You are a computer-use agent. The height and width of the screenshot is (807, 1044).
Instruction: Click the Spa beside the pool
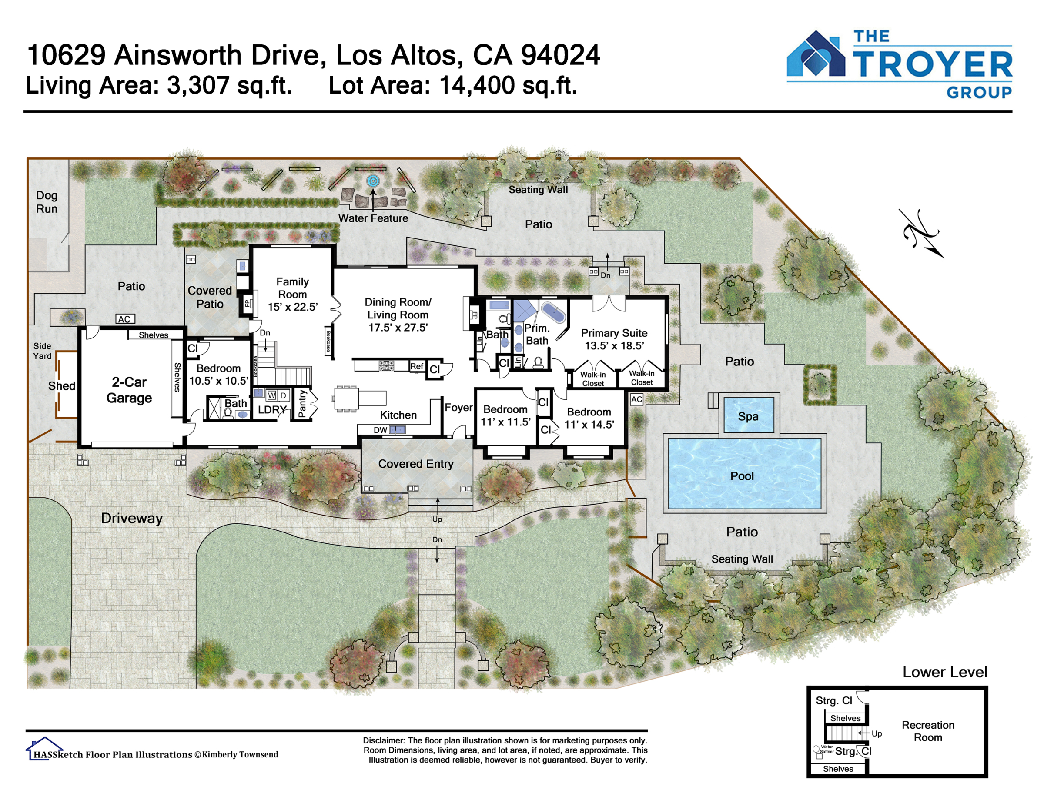749,415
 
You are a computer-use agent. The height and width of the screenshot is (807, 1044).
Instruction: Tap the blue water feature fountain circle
373,181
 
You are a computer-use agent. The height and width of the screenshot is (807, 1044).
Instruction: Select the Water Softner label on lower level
826,749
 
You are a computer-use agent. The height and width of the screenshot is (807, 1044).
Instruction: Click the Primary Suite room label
614,339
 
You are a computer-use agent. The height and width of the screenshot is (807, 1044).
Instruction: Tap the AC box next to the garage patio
125,319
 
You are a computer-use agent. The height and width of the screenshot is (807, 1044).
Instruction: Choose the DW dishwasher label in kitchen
380,430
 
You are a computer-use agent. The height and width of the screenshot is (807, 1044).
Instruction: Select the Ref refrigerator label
416,366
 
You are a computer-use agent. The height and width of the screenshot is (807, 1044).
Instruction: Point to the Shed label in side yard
62,386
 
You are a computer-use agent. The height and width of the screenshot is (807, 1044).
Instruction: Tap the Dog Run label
47,202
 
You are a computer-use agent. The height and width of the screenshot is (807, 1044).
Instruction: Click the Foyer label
458,407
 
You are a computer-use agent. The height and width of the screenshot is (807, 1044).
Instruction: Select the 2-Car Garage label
129,390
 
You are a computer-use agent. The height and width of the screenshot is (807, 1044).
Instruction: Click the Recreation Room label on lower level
928,731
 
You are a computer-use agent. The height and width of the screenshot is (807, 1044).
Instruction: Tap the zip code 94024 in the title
560,55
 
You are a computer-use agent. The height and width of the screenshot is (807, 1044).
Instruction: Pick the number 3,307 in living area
198,86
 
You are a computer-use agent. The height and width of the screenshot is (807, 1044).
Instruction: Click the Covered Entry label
416,464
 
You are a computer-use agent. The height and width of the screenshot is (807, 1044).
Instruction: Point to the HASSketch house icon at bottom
44,748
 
